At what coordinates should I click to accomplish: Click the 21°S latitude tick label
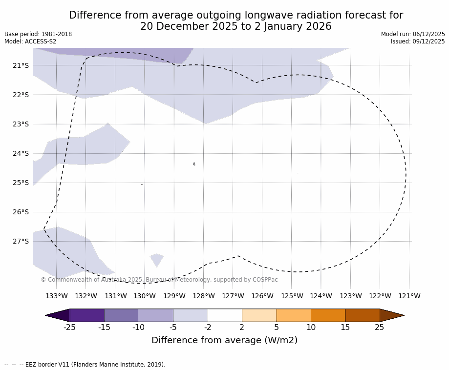click(21, 65)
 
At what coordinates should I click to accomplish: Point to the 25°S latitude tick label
click(21, 183)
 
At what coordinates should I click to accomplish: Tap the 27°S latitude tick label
click(21, 241)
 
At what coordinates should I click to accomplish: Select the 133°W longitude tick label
click(57, 296)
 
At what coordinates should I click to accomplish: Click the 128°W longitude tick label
click(203, 296)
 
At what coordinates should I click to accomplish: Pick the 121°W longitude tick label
click(409, 296)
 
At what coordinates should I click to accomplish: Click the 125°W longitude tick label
click(292, 296)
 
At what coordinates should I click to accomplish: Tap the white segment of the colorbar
click(225, 315)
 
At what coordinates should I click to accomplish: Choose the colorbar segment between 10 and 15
click(328, 315)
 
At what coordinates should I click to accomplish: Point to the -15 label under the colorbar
click(104, 328)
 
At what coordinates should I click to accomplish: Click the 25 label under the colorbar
click(380, 328)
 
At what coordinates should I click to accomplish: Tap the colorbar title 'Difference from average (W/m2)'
click(224, 340)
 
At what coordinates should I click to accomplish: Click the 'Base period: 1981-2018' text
click(38, 34)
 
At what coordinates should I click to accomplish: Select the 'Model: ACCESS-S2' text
click(30, 41)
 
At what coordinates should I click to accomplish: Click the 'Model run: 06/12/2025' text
click(413, 34)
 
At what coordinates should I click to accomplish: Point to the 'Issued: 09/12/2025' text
click(418, 41)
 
